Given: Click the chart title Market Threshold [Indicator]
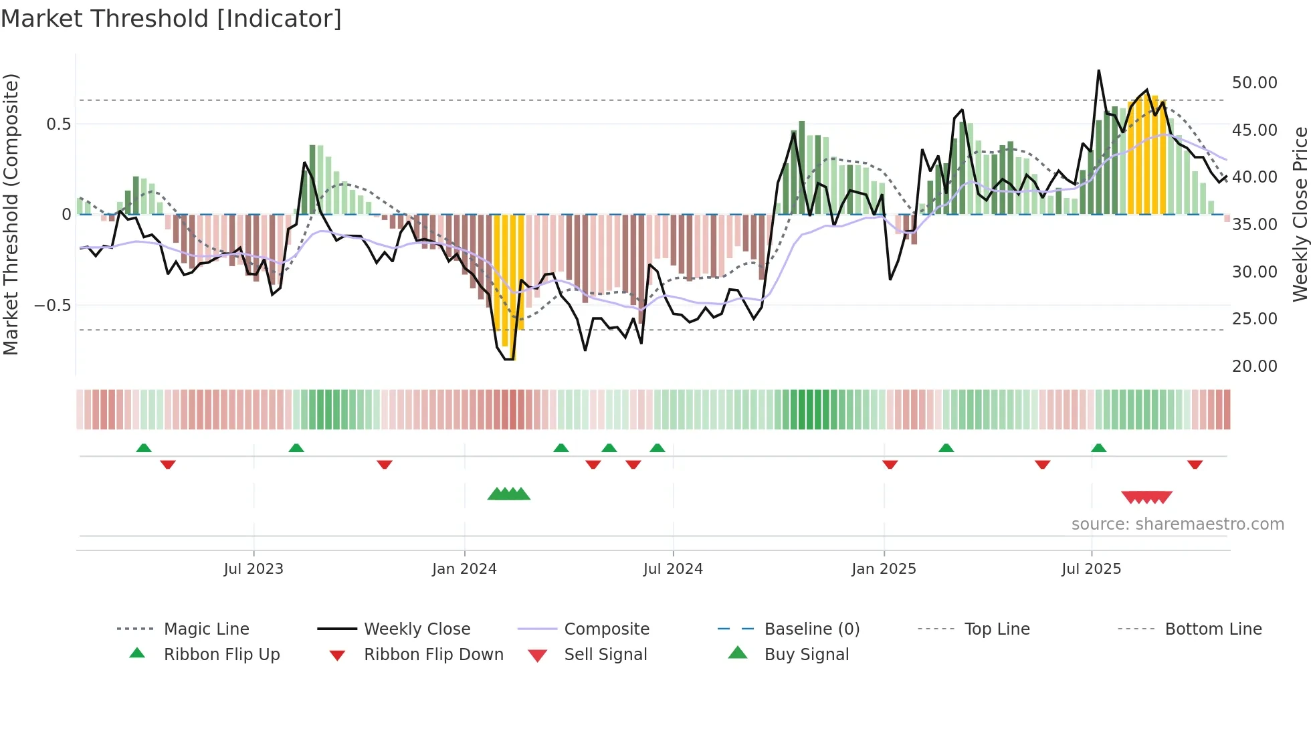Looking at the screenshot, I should coord(171,19).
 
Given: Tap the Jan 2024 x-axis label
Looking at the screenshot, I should coord(464,568).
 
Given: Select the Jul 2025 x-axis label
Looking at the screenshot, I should coord(1091,568).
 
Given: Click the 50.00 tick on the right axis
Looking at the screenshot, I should coord(1254,82).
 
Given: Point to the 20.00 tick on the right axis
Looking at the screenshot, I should coord(1254,366).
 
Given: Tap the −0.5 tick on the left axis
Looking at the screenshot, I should coord(52,305).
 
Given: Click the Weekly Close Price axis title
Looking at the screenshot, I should coord(1300,214).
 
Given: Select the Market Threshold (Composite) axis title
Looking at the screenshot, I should coord(11,214).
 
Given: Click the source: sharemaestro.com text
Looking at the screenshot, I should coord(1177,524).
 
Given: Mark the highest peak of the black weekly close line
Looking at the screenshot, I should coord(1098,71).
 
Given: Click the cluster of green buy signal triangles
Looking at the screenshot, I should coord(508,494).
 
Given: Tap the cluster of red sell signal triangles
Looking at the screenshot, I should coord(1146,497).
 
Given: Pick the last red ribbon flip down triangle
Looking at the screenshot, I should coord(1195,464).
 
